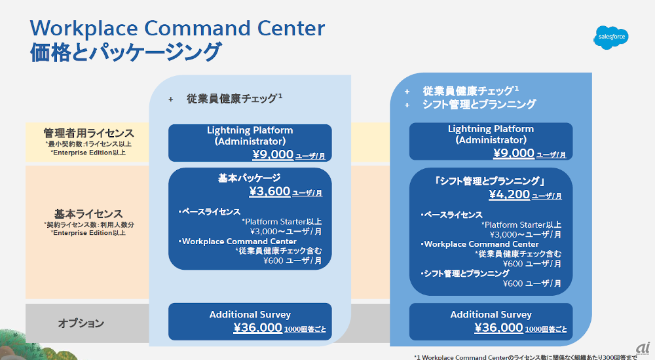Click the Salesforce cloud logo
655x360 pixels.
612,37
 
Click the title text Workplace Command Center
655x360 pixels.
178,28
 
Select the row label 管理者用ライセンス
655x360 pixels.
89,133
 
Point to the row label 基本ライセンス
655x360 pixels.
88,213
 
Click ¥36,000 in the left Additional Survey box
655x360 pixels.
258,328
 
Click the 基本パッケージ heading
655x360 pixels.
250,177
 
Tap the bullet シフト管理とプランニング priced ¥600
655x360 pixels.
466,273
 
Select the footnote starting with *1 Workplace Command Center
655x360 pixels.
534,357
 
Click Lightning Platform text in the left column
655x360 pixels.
250,130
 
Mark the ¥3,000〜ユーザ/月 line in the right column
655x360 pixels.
525,234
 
